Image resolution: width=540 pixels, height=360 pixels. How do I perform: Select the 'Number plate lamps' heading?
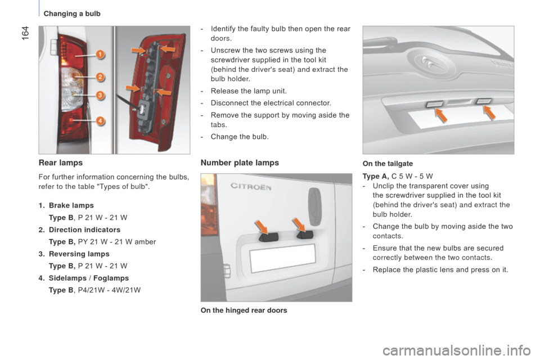(x=240, y=163)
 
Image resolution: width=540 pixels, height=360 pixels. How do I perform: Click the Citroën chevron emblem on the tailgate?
(x=428, y=61)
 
